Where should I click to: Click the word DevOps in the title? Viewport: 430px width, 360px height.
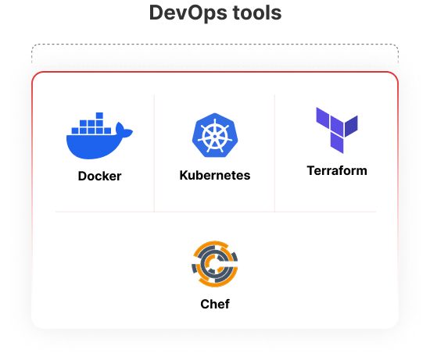point(188,13)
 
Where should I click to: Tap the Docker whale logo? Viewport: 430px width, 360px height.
point(99,136)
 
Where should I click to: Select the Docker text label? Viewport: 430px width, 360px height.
point(99,176)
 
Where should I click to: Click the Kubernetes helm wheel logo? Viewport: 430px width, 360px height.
point(215,135)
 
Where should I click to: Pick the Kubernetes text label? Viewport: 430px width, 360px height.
point(215,176)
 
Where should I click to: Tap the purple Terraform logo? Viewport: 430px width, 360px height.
point(337,130)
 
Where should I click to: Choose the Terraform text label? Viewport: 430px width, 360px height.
point(337,171)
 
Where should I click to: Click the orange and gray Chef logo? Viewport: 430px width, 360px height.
point(215,264)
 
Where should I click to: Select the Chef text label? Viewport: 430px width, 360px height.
point(215,304)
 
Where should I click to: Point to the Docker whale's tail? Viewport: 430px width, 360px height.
point(124,130)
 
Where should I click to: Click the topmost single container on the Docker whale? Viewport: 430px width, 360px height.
point(99,116)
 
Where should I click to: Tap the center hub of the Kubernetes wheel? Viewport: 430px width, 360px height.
point(215,136)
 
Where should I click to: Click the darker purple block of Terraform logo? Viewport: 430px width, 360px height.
point(351,126)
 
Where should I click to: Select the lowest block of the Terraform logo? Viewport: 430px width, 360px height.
point(337,143)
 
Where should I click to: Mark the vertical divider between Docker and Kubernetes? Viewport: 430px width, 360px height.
point(154,153)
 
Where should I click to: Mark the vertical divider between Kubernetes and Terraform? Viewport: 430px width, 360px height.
point(274,153)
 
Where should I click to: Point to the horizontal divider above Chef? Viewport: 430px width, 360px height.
point(216,212)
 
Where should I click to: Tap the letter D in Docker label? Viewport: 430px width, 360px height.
point(83,176)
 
